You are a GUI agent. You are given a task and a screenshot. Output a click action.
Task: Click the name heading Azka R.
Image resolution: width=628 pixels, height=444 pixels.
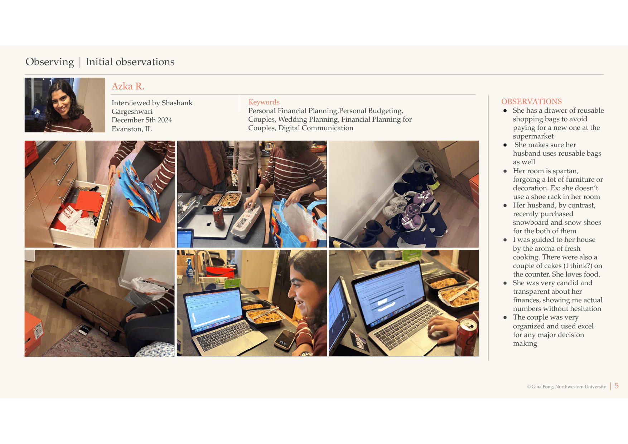(128, 86)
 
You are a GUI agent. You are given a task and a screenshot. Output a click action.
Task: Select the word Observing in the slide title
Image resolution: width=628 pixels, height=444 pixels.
(50, 62)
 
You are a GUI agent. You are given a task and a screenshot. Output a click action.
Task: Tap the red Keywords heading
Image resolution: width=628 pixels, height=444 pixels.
(264, 102)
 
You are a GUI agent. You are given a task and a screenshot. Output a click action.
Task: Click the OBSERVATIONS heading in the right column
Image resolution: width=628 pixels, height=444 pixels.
(531, 102)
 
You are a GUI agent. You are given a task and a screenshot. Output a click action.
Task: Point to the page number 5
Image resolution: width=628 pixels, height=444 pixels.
(617, 386)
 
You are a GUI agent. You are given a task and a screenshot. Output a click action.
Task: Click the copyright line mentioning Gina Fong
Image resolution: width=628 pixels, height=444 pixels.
(566, 387)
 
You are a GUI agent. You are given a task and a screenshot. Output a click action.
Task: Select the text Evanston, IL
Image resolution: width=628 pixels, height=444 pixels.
(132, 129)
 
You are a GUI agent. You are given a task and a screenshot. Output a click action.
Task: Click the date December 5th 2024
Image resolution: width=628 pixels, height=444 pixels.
(142, 120)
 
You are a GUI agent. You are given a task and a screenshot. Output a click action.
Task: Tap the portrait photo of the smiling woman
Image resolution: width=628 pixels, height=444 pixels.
(65, 105)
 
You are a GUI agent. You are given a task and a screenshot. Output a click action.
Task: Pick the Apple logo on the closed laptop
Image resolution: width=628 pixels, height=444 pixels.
(209, 224)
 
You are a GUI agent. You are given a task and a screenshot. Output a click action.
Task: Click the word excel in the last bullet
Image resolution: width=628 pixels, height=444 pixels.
(585, 326)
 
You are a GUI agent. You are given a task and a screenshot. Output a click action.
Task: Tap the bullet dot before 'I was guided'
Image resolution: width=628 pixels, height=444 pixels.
(505, 240)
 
